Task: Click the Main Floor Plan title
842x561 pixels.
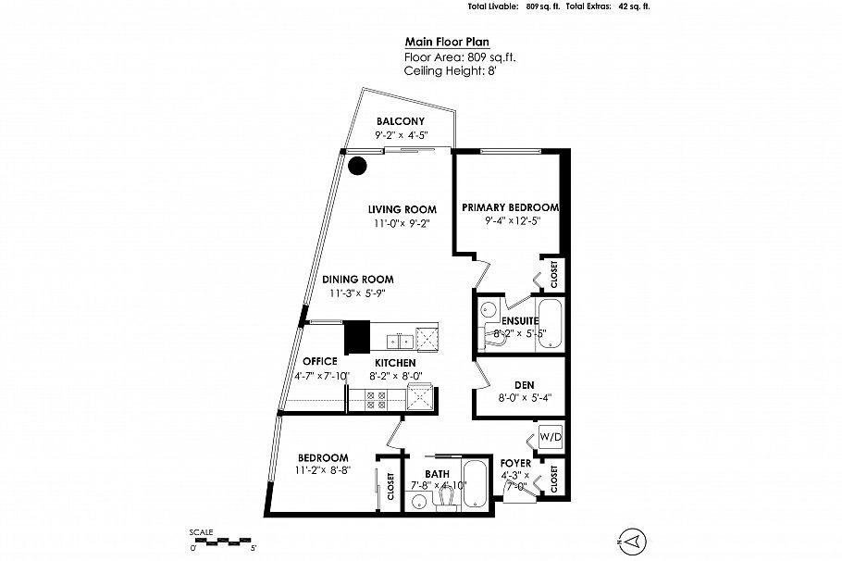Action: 447,42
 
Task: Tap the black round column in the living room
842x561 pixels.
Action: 357,166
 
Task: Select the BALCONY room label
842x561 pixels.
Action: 400,121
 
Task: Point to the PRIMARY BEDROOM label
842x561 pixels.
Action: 510,207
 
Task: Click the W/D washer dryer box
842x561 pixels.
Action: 551,437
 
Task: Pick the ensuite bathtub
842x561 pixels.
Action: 549,325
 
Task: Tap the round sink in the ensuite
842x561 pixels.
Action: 489,309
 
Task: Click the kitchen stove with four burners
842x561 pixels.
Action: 376,401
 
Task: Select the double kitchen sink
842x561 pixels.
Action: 400,341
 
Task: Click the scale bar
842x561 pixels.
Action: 222,540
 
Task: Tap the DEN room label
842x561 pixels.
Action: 524,385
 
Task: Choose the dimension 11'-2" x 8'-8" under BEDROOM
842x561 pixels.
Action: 323,470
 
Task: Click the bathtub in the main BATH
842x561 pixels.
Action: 476,483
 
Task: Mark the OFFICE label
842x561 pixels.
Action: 320,361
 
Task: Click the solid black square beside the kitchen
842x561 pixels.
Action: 357,338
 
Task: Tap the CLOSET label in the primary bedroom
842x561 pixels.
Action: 554,274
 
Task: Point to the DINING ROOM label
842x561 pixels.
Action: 358,280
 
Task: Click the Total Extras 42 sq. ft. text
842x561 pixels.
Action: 608,7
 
